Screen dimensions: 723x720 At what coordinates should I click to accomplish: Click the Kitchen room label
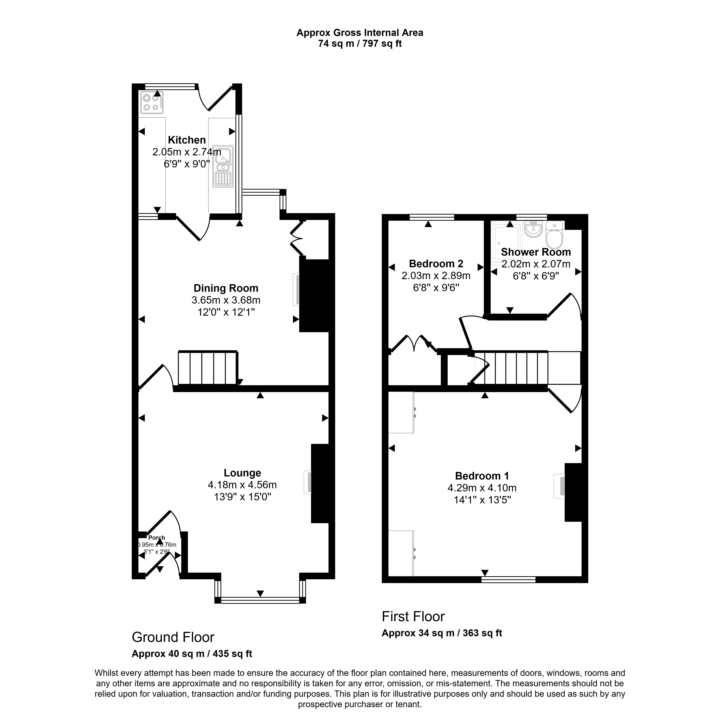[x=186, y=140]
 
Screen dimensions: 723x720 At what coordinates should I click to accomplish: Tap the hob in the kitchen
[x=152, y=103]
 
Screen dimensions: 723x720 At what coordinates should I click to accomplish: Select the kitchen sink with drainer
[x=223, y=166]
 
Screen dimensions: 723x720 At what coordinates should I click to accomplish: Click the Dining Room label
[x=226, y=288]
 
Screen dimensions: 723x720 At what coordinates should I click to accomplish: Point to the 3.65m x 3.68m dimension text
[x=226, y=300]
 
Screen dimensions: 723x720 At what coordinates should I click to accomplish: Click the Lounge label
[x=242, y=473]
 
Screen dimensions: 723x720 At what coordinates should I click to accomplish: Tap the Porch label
[x=157, y=538]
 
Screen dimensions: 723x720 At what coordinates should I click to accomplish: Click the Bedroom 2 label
[x=436, y=264]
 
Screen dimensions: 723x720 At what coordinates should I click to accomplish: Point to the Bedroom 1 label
[x=482, y=476]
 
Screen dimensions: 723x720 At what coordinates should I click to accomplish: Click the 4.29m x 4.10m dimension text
[x=482, y=488]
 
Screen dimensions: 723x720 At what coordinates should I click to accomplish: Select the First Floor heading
[x=413, y=616]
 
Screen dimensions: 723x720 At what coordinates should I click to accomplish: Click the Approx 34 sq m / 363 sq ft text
[x=442, y=633]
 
